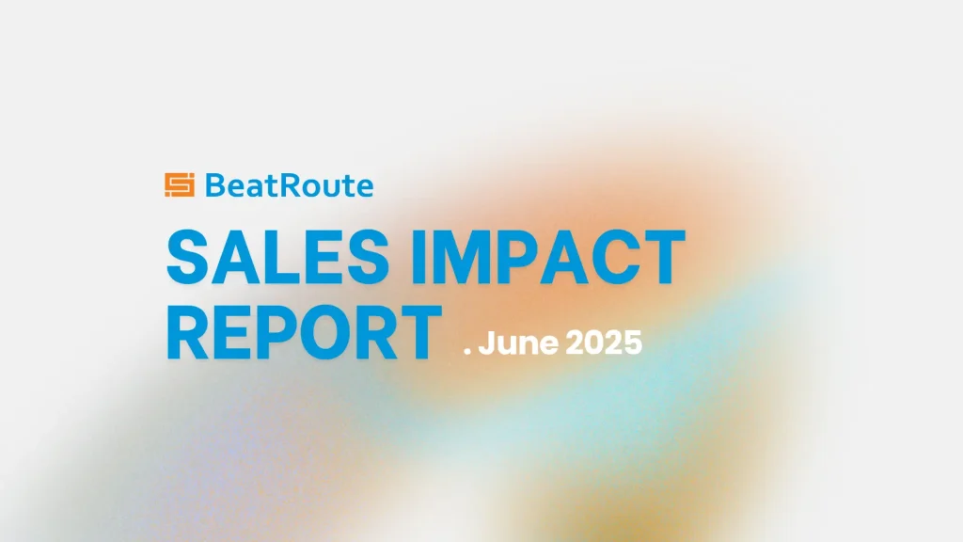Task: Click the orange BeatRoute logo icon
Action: point(180,185)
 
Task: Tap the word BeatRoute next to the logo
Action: point(289,185)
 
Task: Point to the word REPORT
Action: point(304,332)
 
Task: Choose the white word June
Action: point(518,343)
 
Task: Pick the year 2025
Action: point(603,343)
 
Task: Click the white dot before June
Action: point(467,352)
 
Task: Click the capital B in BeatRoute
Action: point(215,185)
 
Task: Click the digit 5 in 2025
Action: point(633,343)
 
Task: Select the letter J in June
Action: point(486,343)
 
